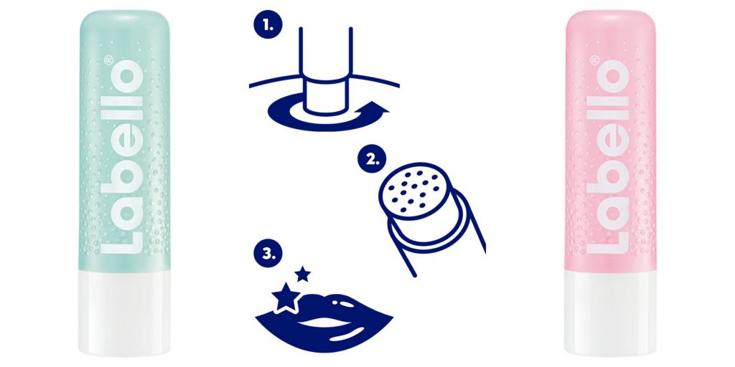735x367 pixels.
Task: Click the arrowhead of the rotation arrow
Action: pos(380,108)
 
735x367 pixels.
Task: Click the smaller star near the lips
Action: pos(303,274)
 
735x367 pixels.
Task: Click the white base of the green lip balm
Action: pos(124,313)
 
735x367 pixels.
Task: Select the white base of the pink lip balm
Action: pos(610,313)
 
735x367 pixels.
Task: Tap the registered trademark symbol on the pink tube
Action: pos(594,60)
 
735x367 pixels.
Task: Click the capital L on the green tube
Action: pos(122,237)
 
